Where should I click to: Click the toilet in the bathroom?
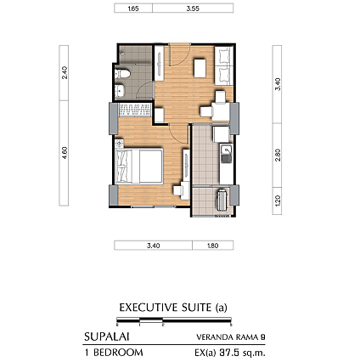pyautogui.click(x=122, y=74)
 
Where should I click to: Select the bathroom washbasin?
pyautogui.click(x=121, y=91)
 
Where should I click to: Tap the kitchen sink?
pyautogui.click(x=226, y=154)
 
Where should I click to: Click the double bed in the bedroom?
pyautogui.click(x=139, y=166)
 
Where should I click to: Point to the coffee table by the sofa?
pyautogui.click(x=200, y=68)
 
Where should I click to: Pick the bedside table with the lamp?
pyautogui.click(x=120, y=144)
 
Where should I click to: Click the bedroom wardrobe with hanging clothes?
pyautogui.click(x=135, y=110)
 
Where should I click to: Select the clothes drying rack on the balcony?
pyautogui.click(x=222, y=199)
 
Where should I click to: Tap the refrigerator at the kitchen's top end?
pyautogui.click(x=221, y=134)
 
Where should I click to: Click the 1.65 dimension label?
pyautogui.click(x=133, y=8)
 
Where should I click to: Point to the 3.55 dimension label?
pyautogui.click(x=193, y=8)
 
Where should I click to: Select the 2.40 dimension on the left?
pyautogui.click(x=65, y=72)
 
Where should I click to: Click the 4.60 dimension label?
pyautogui.click(x=65, y=153)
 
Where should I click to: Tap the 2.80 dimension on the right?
pyautogui.click(x=278, y=155)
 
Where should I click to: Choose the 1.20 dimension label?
pyautogui.click(x=278, y=201)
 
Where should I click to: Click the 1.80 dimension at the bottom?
pyautogui.click(x=212, y=246)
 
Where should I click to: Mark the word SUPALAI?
pyautogui.click(x=107, y=337)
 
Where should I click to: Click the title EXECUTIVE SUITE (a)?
pyautogui.click(x=173, y=308)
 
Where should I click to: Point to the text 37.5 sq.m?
pyautogui.click(x=242, y=353)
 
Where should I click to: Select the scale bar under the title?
pyautogui.click(x=174, y=321)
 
